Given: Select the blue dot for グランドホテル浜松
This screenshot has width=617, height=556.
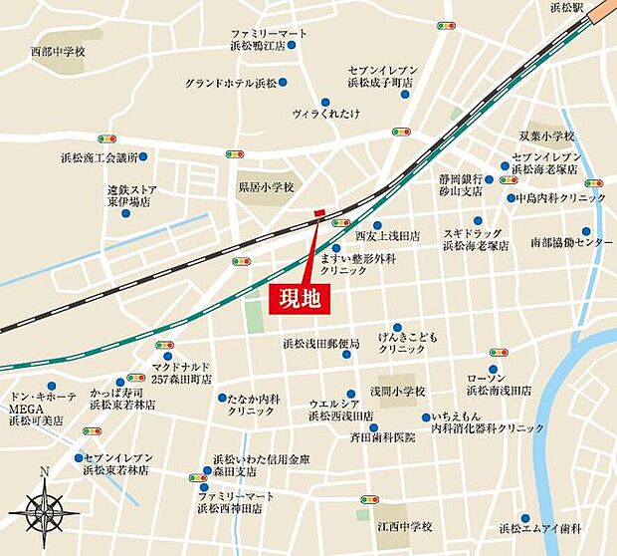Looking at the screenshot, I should pos(283,82).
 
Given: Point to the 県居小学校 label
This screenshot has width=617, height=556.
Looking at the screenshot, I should pos(266,186).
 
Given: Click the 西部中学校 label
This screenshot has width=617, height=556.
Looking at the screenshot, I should pos(58,50).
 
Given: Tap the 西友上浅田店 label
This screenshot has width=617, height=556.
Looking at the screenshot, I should pos(387,236).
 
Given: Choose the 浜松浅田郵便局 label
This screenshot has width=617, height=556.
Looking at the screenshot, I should pos(320,344).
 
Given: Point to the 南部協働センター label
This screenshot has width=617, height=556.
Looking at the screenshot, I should pos(571,241).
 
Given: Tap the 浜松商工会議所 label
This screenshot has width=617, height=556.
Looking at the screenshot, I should pos(99,157).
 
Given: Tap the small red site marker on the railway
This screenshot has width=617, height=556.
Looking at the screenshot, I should pos(319,212).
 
